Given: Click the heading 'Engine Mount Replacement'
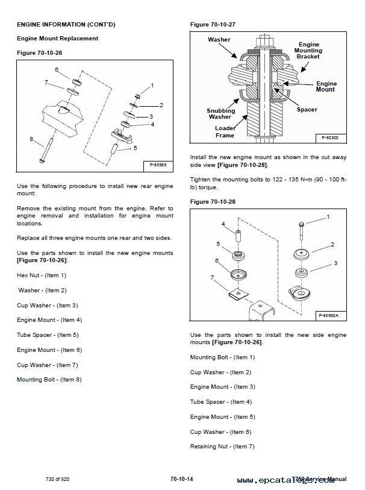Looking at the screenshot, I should tap(57, 39).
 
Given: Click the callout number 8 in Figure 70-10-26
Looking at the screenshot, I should tap(31, 139).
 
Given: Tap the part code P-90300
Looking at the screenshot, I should tap(329, 138).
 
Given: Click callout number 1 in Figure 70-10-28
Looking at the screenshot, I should tap(328, 216).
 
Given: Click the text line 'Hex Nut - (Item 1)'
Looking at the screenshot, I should tap(42, 275).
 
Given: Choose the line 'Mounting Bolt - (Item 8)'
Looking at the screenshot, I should tap(49, 379).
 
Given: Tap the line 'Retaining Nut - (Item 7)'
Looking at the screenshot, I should tap(222, 446).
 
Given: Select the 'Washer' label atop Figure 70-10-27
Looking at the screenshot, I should tap(219, 39).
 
